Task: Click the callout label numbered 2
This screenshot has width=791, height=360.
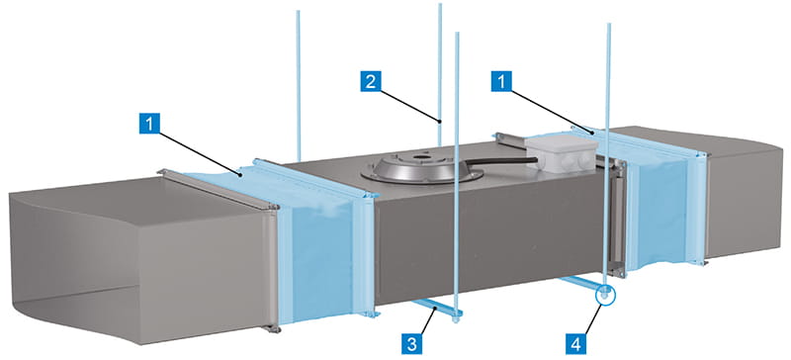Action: (x=370, y=81)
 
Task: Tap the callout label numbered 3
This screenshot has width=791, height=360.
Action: (x=412, y=344)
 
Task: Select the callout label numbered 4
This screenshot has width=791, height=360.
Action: (x=575, y=344)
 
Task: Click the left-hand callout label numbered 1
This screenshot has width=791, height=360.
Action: (x=149, y=124)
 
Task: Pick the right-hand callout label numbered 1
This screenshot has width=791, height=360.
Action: (x=501, y=81)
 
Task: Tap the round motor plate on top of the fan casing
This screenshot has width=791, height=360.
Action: (x=420, y=168)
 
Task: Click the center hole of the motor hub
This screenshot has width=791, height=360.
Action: (x=418, y=157)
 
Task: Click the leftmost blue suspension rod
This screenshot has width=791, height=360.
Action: (x=299, y=86)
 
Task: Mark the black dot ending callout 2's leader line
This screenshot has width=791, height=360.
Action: (x=440, y=121)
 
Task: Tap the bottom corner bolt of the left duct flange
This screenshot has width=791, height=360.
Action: (x=273, y=329)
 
